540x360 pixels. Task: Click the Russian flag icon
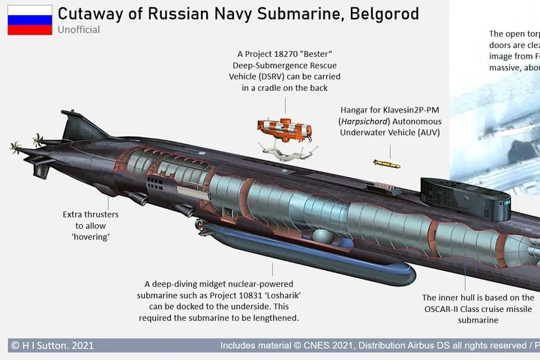coord(30,20)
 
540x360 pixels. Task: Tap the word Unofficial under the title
coord(79,30)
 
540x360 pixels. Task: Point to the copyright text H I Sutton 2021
coord(52,346)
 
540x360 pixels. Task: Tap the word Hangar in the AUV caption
coord(356,109)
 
